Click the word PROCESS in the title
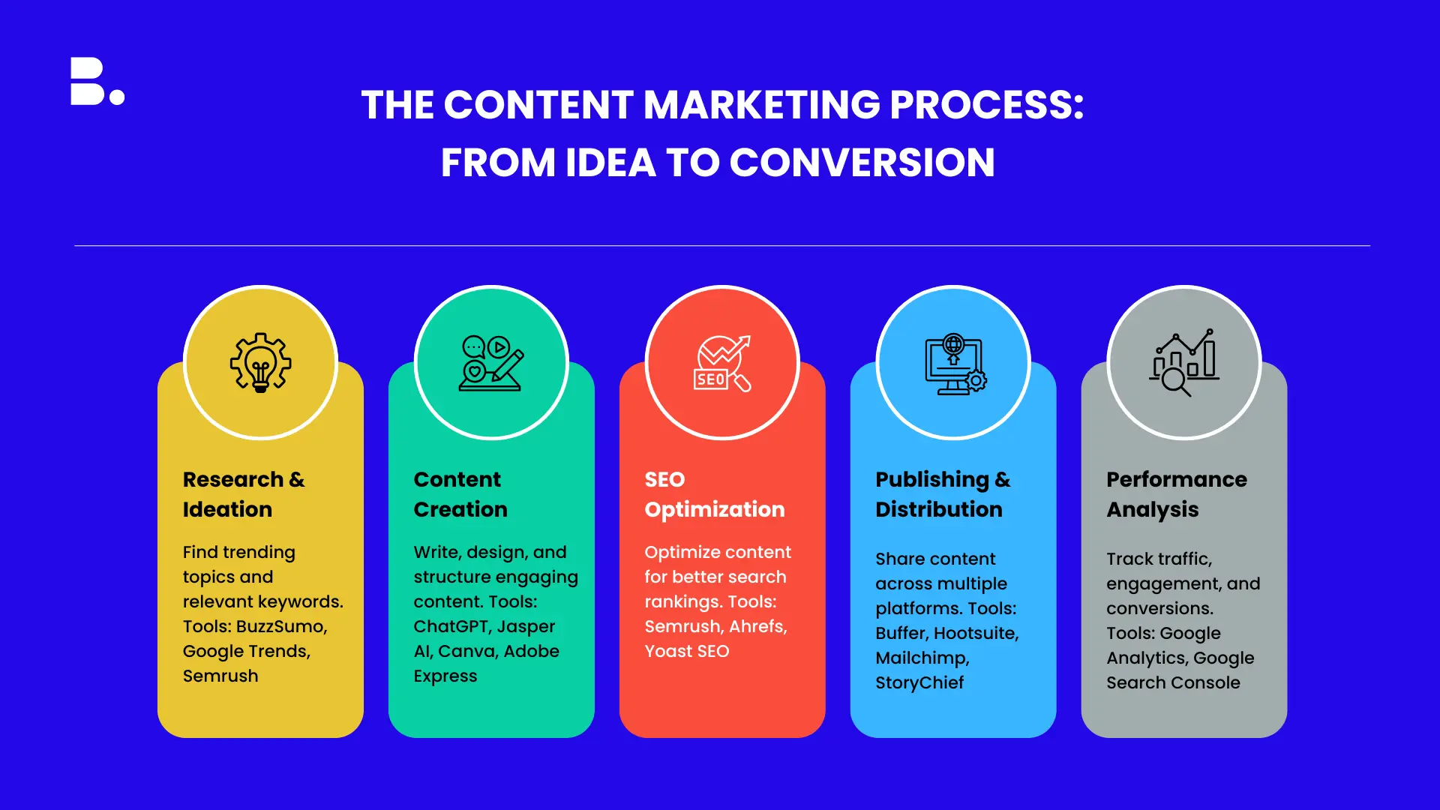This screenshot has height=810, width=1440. point(986,104)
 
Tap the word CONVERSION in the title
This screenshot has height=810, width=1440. point(862,162)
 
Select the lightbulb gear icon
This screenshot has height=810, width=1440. point(260,362)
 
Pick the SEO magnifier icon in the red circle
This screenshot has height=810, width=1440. point(722,363)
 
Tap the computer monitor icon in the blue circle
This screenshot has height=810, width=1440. point(954,364)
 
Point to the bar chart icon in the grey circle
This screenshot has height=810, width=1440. point(1184,363)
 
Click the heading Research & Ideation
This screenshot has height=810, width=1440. point(244,494)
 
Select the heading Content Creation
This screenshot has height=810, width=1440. point(460,494)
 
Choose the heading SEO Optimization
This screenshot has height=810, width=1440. point(715,495)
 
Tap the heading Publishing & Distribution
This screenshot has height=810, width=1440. point(943,495)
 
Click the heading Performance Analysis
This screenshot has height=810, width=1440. point(1177,495)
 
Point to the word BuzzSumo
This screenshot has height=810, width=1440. point(282,626)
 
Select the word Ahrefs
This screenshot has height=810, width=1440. point(758,626)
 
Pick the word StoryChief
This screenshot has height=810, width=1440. point(919,682)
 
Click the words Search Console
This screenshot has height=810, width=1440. point(1173,682)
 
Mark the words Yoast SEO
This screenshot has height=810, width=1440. point(687,651)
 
